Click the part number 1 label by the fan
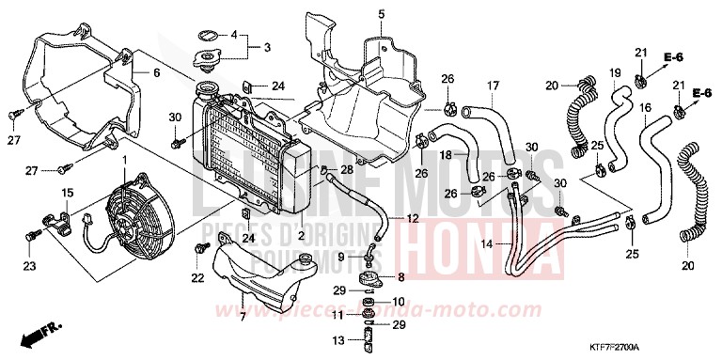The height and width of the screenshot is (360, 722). click(123, 162)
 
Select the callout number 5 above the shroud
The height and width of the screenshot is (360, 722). click(355, 13)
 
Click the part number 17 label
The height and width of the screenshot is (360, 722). click(491, 86)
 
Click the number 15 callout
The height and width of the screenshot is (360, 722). click(68, 193)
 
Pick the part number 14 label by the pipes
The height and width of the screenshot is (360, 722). click(486, 243)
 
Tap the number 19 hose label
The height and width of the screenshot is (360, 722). click(616, 73)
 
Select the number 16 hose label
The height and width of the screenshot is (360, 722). click(644, 108)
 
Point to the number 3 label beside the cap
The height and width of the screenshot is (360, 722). click(266, 47)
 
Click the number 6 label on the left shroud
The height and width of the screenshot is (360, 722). click(157, 73)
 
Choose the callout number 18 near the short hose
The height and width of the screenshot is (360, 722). click(447, 155)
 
